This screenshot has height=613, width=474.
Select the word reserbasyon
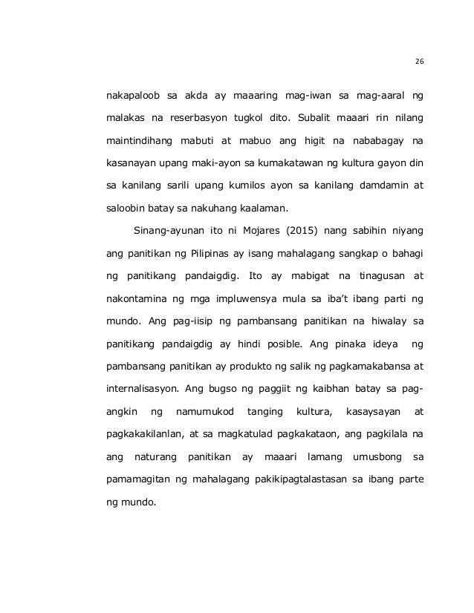click(200, 117)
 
